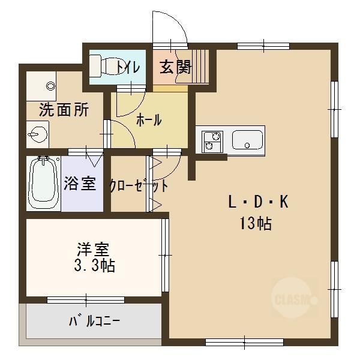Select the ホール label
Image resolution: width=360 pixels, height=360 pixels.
click(149, 120)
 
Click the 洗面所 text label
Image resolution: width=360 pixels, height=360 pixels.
click(64, 110)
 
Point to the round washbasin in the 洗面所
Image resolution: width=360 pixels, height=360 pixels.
click(37, 134)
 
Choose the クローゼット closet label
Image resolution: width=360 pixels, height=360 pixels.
click(139, 185)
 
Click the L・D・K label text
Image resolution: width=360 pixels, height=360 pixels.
click(258, 203)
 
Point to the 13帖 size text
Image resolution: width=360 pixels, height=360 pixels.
click(256, 224)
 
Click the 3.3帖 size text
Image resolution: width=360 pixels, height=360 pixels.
click(92, 265)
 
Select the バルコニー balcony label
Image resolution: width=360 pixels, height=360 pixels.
click(93, 321)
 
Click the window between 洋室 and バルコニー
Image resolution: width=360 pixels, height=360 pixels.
click(88, 299)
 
